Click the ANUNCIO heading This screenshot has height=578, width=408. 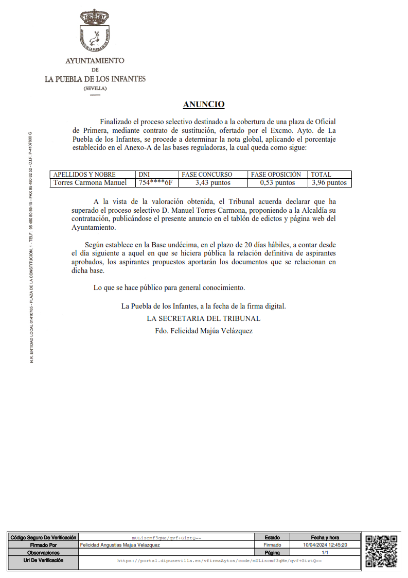tap(204, 105)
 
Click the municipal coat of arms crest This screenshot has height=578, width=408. tap(95, 31)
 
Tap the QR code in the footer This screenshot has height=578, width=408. tap(381, 551)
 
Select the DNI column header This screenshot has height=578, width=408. tap(145, 175)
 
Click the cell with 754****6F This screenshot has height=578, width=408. tap(155, 182)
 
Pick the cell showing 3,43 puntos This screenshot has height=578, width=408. tap(213, 182)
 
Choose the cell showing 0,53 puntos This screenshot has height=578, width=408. tap(278, 182)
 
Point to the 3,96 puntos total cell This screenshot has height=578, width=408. tap(329, 182)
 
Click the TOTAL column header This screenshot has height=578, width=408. tap(321, 175)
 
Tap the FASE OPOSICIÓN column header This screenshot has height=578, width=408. tap(276, 175)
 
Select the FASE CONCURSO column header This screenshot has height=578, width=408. tap(207, 175)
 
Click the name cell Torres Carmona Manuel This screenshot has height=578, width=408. tap(90, 182)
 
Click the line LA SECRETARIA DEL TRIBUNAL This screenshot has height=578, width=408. tap(204, 318)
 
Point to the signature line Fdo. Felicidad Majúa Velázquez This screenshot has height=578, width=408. tap(204, 331)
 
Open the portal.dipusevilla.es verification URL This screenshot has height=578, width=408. tap(219, 560)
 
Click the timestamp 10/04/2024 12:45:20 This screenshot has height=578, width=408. tap(325, 545)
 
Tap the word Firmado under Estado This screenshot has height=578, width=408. tap(273, 545)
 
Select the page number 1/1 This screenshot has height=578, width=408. tap(325, 552)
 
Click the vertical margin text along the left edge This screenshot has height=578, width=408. tap(31, 247)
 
